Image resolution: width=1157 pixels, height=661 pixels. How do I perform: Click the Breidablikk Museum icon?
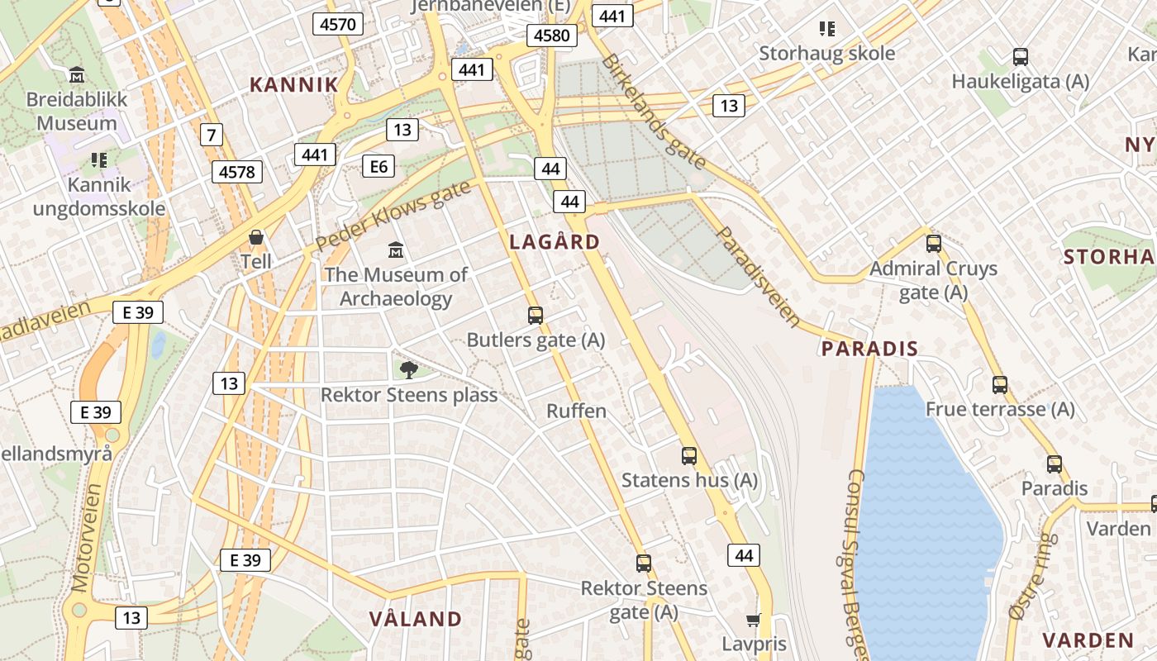pyautogui.click(x=77, y=74)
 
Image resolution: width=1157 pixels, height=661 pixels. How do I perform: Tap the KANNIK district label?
pyautogui.click(x=294, y=84)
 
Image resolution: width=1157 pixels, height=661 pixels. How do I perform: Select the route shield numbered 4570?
pyautogui.click(x=338, y=24)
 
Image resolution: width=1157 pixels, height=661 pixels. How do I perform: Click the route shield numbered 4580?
pyautogui.click(x=551, y=36)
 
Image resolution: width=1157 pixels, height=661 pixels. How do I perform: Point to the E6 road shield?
pyautogui.click(x=378, y=167)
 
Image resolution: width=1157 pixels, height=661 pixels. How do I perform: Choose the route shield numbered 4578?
pyautogui.click(x=237, y=172)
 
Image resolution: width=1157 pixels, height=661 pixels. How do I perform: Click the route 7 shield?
pyautogui.click(x=212, y=133)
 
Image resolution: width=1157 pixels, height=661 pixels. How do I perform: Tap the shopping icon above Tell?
pyautogui.click(x=256, y=238)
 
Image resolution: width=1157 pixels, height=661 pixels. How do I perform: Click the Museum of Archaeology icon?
pyautogui.click(x=396, y=250)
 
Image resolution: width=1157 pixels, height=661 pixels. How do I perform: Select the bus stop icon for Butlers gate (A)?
pyautogui.click(x=536, y=315)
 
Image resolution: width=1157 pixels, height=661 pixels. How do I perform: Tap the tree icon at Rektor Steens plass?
pyautogui.click(x=408, y=369)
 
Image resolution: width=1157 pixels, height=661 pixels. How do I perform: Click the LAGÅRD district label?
pyautogui.click(x=555, y=242)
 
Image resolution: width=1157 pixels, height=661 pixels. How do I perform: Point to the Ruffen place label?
pyautogui.click(x=576, y=411)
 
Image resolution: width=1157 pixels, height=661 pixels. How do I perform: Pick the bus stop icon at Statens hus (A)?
pyautogui.click(x=688, y=455)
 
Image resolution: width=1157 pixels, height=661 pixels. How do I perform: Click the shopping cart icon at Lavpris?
pyautogui.click(x=753, y=620)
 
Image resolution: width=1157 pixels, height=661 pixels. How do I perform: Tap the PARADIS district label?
pyautogui.click(x=869, y=349)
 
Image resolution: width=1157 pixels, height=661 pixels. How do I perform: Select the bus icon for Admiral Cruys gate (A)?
pyautogui.click(x=934, y=244)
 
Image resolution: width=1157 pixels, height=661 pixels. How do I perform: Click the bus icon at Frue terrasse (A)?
pyautogui.click(x=1000, y=384)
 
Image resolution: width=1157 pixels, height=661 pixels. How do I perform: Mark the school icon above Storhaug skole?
pyautogui.click(x=827, y=29)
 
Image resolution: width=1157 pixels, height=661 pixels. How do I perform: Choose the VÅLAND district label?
pyautogui.click(x=415, y=619)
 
